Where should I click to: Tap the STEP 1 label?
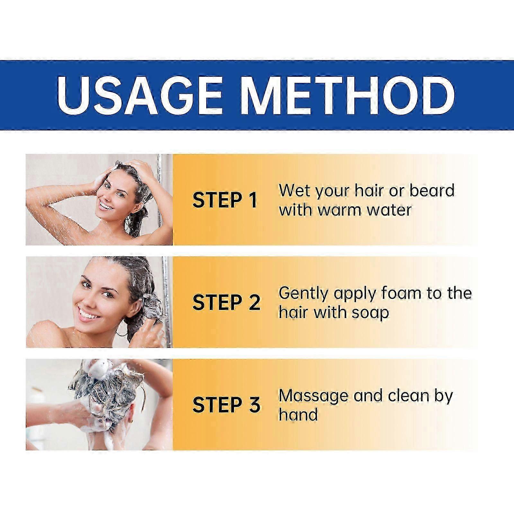(x=225, y=200)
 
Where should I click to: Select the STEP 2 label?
(x=226, y=302)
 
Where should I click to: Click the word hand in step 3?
(x=298, y=414)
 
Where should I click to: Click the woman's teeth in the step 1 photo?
(x=104, y=205)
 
